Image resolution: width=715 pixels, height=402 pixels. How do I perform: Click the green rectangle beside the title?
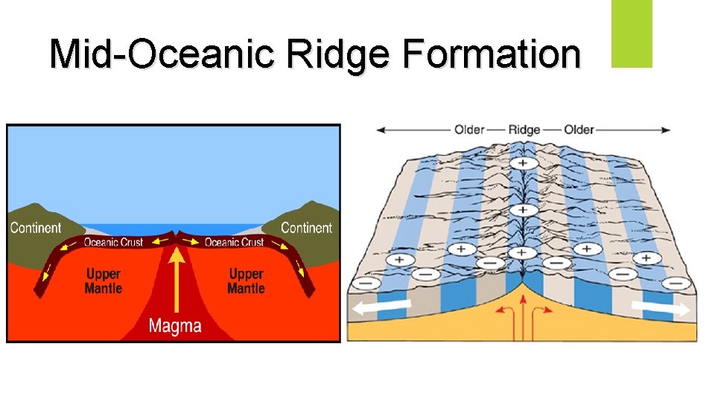coord(632,33)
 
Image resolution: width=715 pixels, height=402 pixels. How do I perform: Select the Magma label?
coord(175,325)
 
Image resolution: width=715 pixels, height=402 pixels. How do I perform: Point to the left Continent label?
coord(36,228)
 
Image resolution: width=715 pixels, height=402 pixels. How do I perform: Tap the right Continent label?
coord(306,228)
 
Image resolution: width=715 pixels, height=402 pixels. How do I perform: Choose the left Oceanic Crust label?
coord(112,242)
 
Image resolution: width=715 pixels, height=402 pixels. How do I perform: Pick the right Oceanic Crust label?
coord(235,242)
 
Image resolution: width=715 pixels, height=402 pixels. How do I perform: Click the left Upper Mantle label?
coord(104,281)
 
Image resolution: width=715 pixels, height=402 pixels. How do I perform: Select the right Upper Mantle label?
coord(246,281)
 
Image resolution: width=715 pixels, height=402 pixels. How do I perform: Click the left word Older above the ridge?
coord(469,130)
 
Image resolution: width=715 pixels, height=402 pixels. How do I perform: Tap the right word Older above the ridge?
coord(579,130)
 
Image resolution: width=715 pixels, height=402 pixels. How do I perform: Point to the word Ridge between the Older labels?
coord(524,130)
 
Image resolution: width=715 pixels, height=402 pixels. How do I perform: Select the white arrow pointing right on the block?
coord(659,307)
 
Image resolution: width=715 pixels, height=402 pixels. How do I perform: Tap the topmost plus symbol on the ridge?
coord(524,163)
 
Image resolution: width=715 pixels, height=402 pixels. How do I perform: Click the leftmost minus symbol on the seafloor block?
coord(364,284)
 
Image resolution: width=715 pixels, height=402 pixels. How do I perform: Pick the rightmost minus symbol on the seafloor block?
coord(676,284)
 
